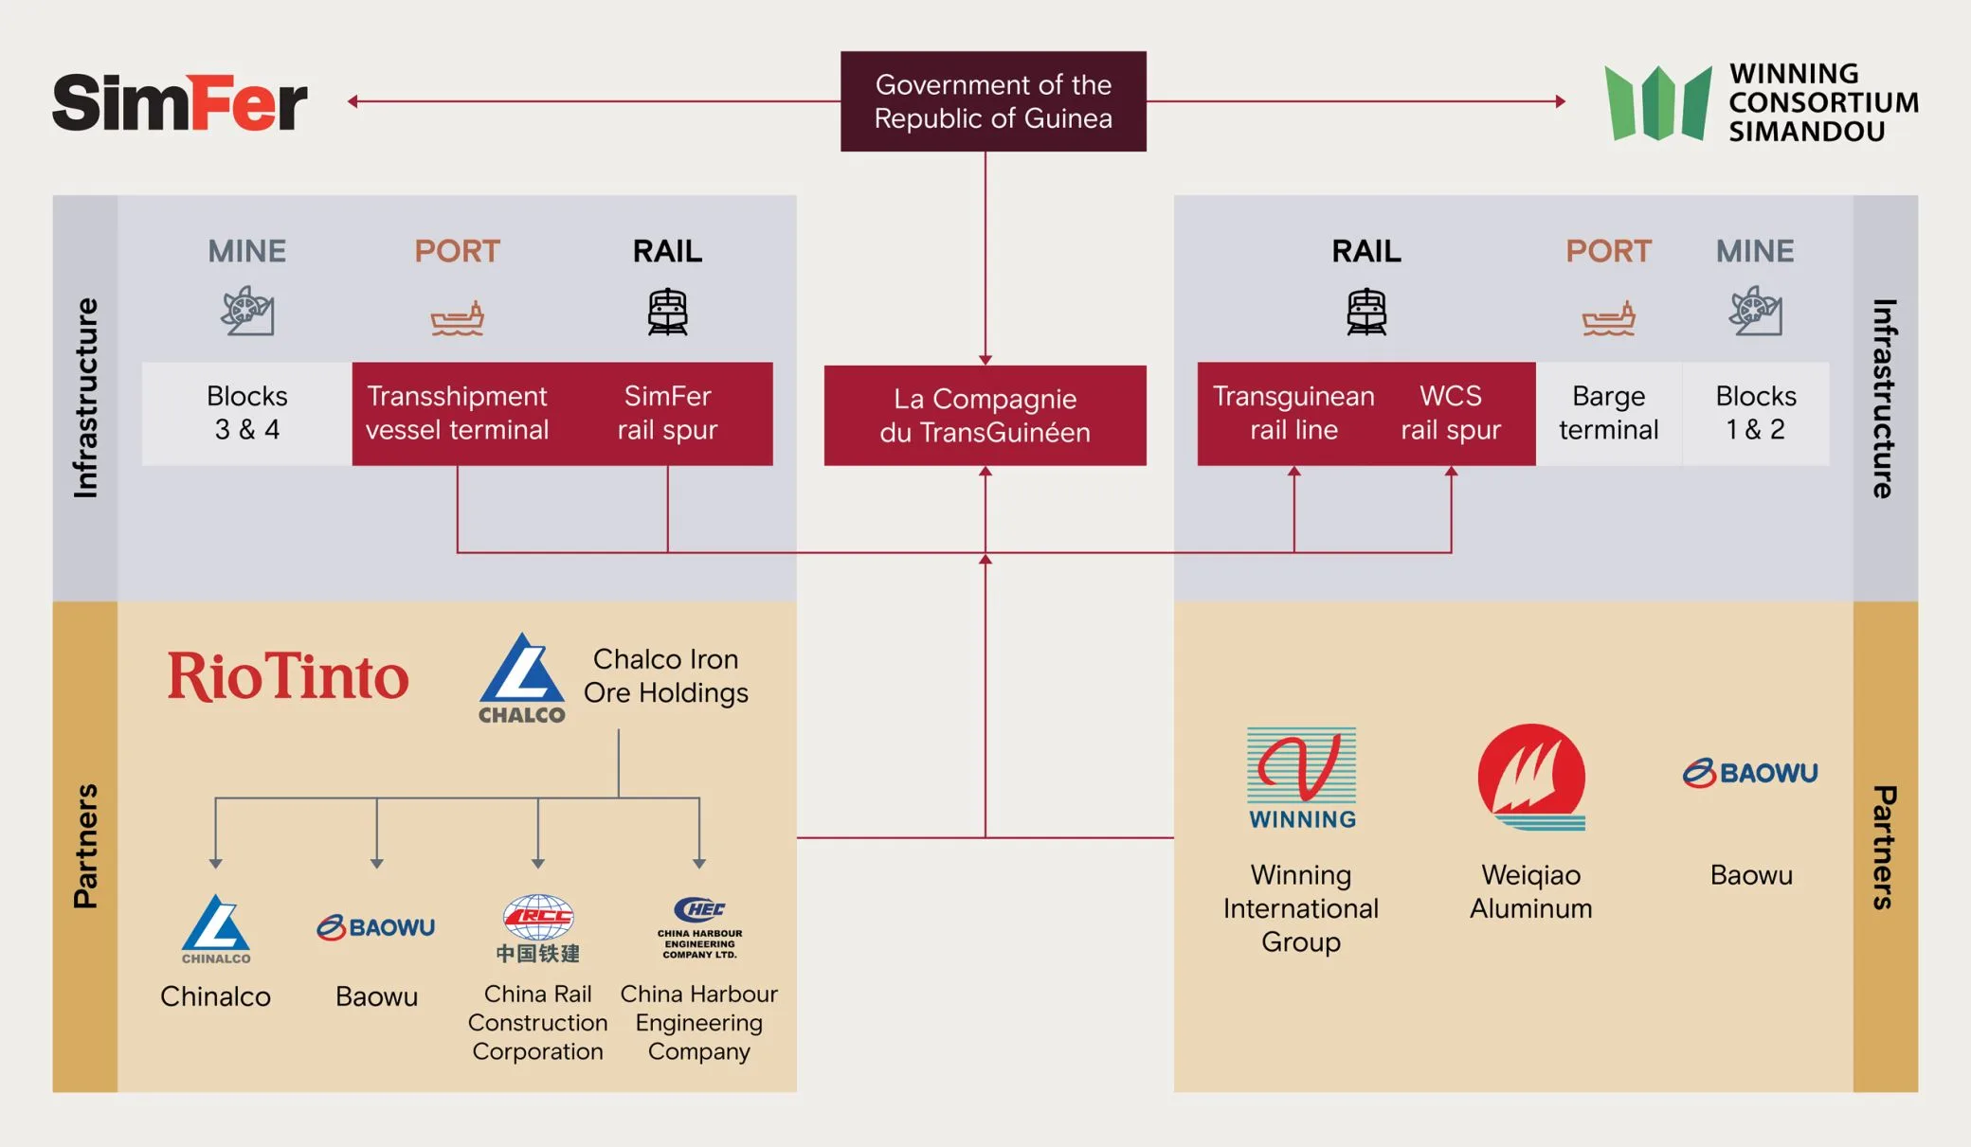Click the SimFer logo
(180, 102)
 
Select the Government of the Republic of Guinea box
(993, 101)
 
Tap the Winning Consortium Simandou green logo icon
(1658, 103)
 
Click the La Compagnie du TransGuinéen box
(985, 416)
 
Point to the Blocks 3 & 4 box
(247, 413)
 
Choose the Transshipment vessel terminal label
(457, 413)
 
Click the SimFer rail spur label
(667, 413)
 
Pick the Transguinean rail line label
(1293, 413)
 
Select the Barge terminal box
(1608, 413)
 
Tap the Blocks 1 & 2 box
(1755, 413)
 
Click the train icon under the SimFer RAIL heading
(667, 312)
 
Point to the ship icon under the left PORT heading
(458, 318)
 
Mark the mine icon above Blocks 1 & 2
(1755, 311)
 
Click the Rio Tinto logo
(288, 676)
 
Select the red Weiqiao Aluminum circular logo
(1531, 777)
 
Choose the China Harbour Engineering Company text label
(699, 1023)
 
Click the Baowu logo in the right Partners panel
(1750, 773)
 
